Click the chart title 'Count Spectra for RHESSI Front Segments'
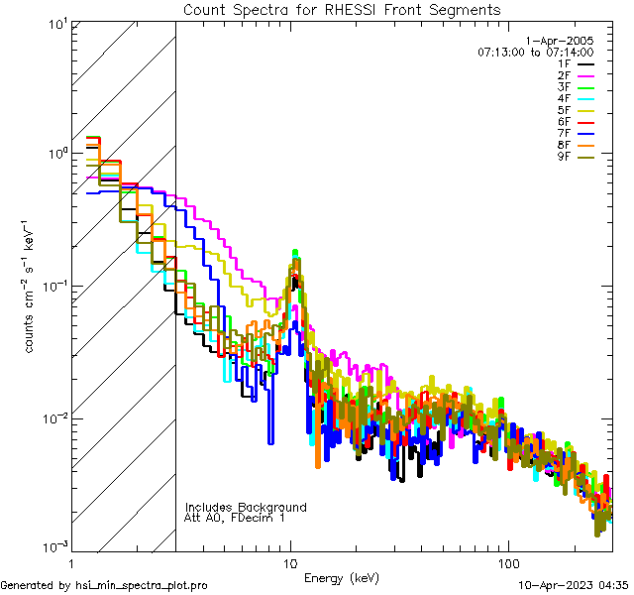(x=342, y=10)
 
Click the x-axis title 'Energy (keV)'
(x=342, y=577)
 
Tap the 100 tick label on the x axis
(x=507, y=562)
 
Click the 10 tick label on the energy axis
(x=290, y=562)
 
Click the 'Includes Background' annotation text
(x=246, y=507)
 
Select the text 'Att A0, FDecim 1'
(x=235, y=518)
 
